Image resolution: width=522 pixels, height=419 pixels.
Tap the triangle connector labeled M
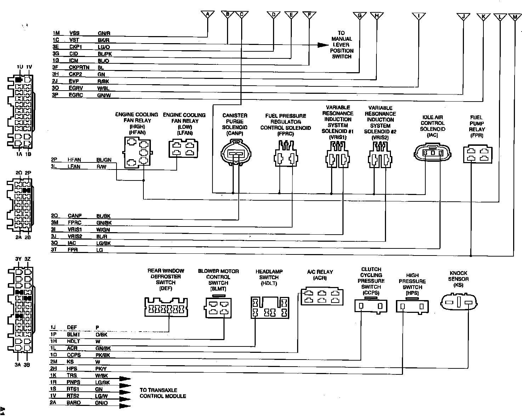click(x=514, y=17)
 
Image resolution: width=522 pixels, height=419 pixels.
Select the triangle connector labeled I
click(x=419, y=16)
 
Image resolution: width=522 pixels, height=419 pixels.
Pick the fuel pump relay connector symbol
click(x=478, y=154)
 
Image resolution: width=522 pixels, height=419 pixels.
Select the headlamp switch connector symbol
click(x=269, y=307)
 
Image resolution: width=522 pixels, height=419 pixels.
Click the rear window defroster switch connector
click(x=166, y=307)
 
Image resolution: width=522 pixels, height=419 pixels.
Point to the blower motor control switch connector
click(x=218, y=307)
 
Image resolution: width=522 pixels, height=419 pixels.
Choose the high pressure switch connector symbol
click(x=412, y=306)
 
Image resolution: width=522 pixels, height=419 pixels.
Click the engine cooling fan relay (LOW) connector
click(x=184, y=149)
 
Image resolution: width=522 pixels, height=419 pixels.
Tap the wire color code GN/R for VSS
click(x=104, y=33)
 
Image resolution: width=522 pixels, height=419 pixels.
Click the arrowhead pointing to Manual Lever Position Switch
click(x=323, y=45)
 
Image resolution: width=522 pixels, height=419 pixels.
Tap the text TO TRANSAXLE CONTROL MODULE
click(x=163, y=393)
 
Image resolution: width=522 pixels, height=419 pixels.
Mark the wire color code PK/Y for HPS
click(x=102, y=368)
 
